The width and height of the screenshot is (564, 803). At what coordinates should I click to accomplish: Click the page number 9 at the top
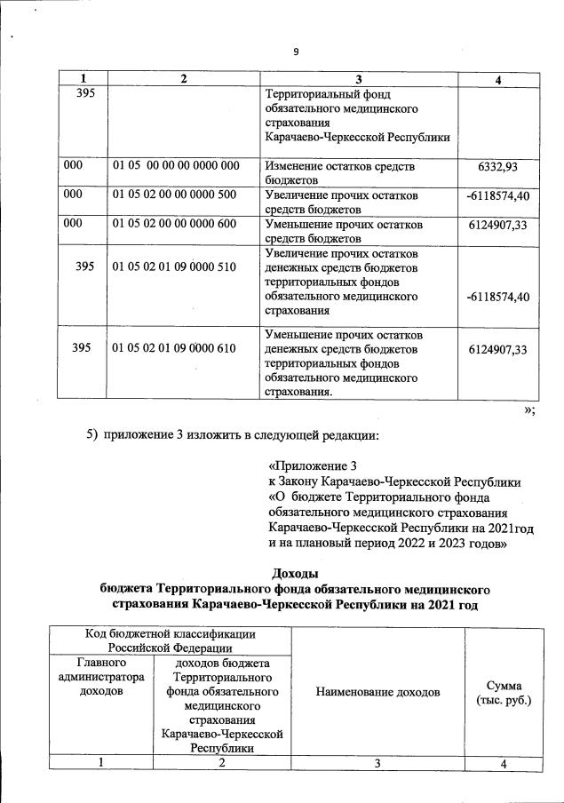click(296, 52)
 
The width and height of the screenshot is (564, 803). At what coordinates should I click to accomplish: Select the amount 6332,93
click(497, 167)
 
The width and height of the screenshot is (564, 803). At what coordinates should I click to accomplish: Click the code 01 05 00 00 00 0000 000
click(176, 166)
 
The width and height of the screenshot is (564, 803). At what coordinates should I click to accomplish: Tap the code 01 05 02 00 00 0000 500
click(176, 195)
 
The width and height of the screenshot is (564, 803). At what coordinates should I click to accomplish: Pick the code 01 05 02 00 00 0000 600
click(176, 224)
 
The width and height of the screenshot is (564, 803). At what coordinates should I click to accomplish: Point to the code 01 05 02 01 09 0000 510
click(176, 266)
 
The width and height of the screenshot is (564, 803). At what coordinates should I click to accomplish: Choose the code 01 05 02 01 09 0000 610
click(176, 348)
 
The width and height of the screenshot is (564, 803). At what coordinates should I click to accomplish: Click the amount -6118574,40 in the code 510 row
click(497, 296)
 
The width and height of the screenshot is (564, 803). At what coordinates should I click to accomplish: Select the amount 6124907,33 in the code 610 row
click(497, 349)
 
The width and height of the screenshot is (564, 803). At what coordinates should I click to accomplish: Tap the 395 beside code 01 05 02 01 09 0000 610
click(83, 348)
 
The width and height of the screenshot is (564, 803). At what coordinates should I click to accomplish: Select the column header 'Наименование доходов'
click(377, 691)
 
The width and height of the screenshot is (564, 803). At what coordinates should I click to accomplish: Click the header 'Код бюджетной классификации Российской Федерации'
click(171, 640)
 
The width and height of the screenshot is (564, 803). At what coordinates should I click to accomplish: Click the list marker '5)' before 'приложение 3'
click(91, 435)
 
